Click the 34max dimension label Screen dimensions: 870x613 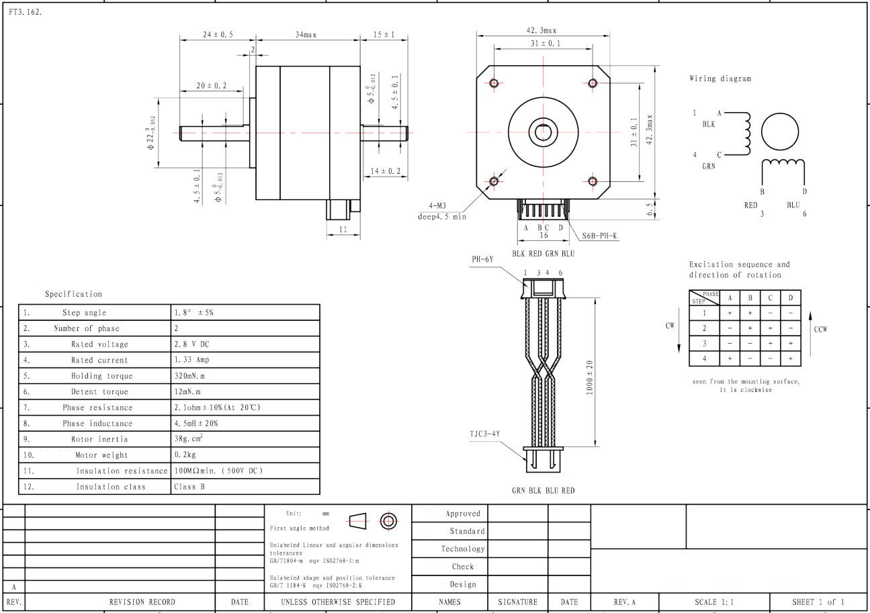tap(306, 35)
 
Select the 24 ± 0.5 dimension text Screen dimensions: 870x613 tap(218, 34)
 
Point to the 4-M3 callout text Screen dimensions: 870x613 tap(437, 205)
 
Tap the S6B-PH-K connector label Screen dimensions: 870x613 tap(599, 236)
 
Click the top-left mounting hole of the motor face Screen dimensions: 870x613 tap(494, 83)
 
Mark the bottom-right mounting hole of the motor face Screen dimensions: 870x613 tap(593, 181)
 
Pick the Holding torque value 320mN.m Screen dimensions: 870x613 tap(189, 376)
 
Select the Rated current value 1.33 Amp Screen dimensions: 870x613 tap(191, 360)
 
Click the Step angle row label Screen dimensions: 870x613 tap(84, 312)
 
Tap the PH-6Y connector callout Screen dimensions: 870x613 tap(482, 259)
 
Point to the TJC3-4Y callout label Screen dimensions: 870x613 tap(485, 434)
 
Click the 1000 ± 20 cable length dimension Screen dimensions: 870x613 tap(590, 377)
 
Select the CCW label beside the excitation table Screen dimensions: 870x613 tap(820, 329)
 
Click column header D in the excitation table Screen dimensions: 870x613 tap(790, 298)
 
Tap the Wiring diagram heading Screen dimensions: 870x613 tap(720, 79)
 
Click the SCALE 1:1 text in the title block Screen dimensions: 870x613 tap(714, 602)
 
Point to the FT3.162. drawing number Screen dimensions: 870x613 tap(26, 12)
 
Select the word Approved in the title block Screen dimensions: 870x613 tap(463, 514)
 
